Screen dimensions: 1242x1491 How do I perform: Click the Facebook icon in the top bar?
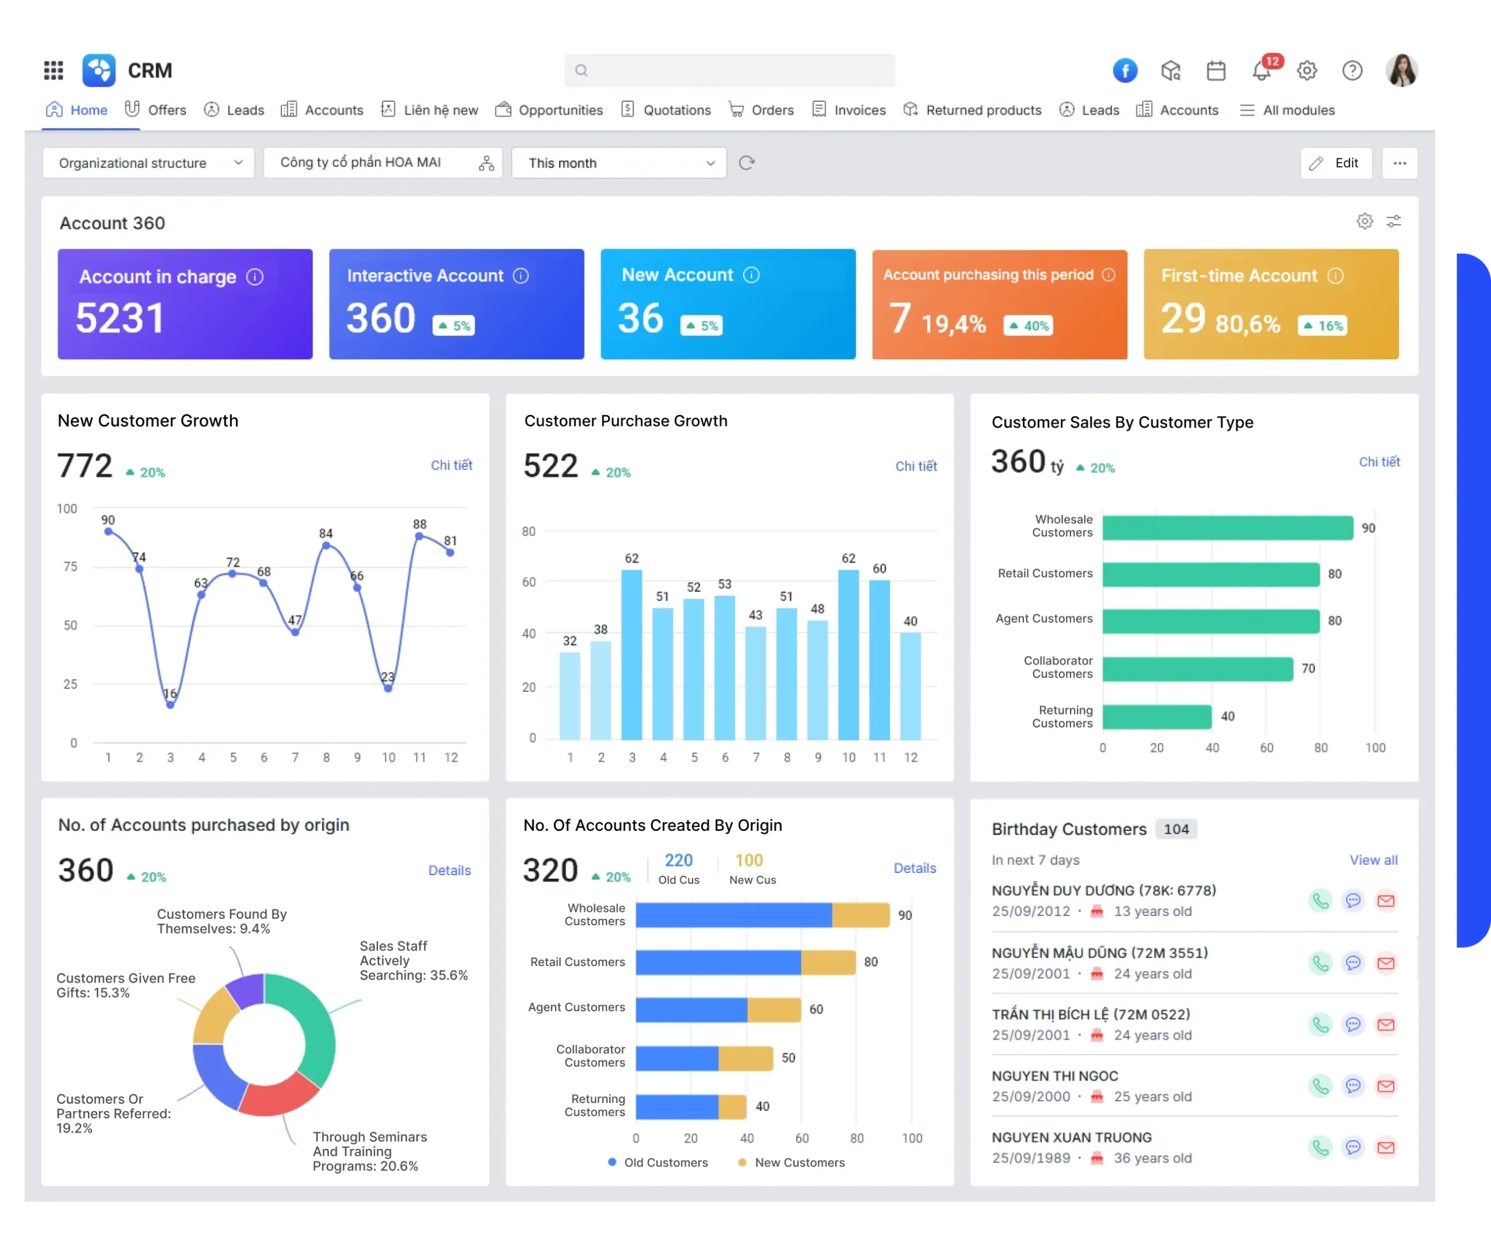click(1125, 70)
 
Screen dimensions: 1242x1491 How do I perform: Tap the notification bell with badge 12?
click(1262, 71)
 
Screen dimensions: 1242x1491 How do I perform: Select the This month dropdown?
click(619, 163)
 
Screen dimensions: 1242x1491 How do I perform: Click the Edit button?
click(1335, 163)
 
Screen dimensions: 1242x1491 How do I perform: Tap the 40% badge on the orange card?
click(1028, 325)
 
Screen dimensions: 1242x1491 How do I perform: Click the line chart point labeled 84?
click(326, 546)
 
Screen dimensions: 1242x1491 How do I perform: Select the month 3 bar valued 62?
click(631, 653)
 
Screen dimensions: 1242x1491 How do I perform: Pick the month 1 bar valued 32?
click(570, 695)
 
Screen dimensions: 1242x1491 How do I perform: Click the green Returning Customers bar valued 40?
click(1157, 717)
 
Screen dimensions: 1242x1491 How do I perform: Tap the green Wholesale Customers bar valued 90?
click(1228, 528)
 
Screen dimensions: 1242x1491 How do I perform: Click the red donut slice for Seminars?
click(279, 1099)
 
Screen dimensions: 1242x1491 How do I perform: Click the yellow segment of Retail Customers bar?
click(828, 963)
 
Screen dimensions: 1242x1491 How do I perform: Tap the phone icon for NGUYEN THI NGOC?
click(1320, 1087)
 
